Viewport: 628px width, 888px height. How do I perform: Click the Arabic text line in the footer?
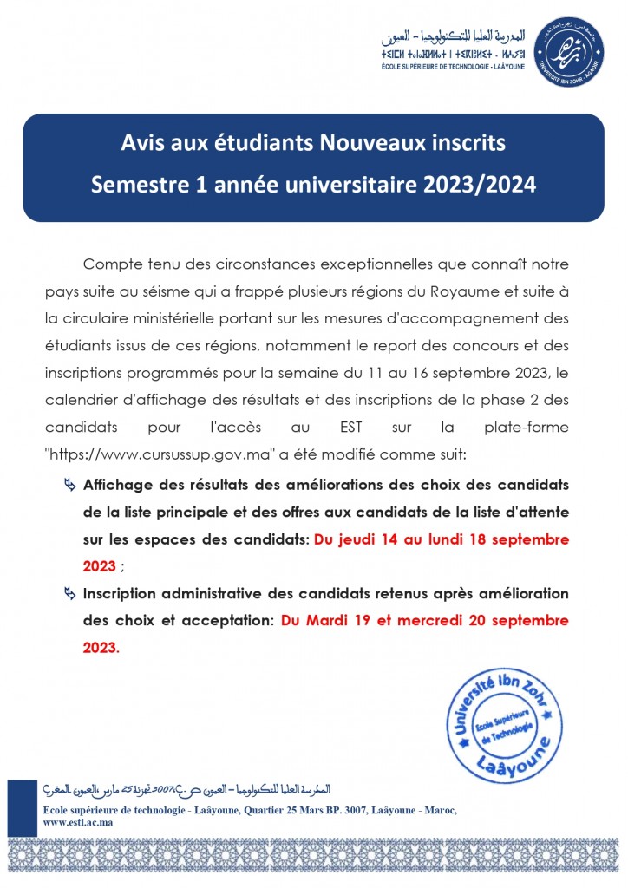tap(186, 791)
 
